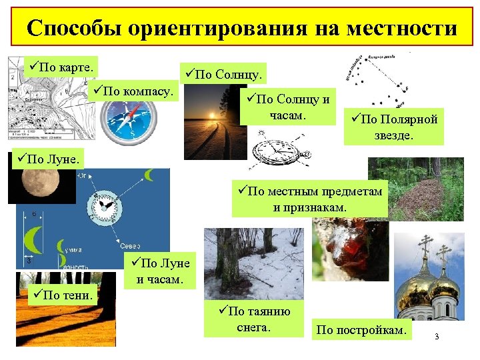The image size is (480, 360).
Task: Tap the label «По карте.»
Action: pyautogui.click(x=61, y=67)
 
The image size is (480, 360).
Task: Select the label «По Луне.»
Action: pyautogui.click(x=50, y=159)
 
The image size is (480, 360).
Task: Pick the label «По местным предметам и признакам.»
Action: pyautogui.click(x=310, y=199)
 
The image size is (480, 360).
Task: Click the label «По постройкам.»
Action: pyautogui.click(x=361, y=329)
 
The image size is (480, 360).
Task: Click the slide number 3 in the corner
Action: pyautogui.click(x=437, y=336)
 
